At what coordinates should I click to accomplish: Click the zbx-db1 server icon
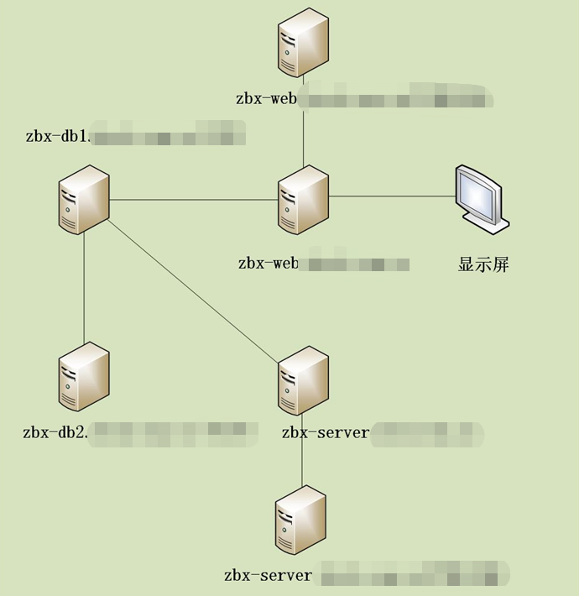(84, 199)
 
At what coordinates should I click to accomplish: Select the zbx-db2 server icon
(84, 377)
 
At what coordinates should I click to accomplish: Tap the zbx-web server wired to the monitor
(304, 199)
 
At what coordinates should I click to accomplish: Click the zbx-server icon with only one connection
(300, 520)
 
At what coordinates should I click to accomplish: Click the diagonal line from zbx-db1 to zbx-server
(193, 290)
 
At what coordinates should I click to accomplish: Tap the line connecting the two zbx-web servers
(304, 126)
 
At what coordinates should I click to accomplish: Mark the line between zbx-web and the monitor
(391, 196)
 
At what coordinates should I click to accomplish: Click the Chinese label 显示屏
(483, 265)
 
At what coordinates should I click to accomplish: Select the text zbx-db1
(57, 135)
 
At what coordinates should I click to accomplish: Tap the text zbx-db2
(55, 433)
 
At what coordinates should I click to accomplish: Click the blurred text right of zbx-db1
(168, 134)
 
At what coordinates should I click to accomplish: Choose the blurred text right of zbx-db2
(172, 433)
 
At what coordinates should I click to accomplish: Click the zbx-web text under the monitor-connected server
(268, 264)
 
